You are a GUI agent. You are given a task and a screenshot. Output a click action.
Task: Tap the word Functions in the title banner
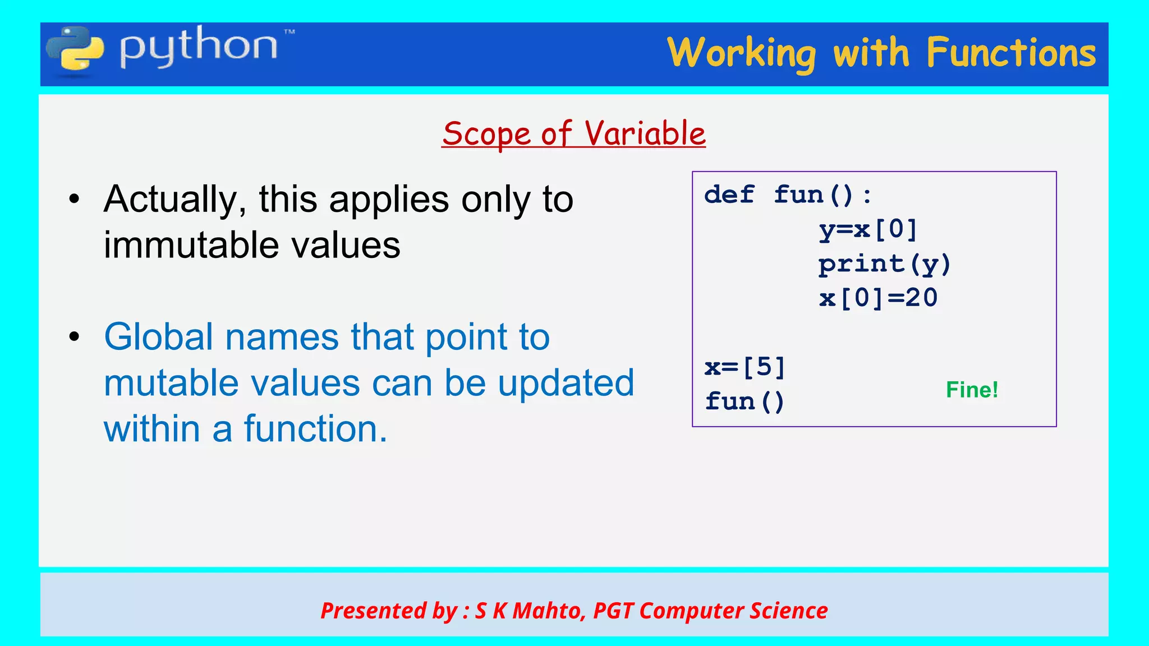(1011, 53)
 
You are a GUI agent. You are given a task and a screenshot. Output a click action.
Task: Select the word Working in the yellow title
(741, 54)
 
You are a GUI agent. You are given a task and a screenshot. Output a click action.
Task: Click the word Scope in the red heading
(486, 134)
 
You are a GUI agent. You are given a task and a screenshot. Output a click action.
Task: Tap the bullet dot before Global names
(75, 336)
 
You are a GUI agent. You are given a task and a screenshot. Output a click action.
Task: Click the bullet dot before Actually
(75, 199)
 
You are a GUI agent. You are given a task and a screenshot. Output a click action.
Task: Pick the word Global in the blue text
(158, 337)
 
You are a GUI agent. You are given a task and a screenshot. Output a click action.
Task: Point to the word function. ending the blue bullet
(315, 429)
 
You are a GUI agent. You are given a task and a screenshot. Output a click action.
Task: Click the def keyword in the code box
(729, 195)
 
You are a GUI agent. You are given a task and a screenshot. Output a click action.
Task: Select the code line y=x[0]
(868, 229)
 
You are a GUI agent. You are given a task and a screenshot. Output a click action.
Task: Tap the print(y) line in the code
(884, 264)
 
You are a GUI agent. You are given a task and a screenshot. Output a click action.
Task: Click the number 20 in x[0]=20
(921, 298)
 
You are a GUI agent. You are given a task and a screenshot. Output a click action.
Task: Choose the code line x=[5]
(744, 367)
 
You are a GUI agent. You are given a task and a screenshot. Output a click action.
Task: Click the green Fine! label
(972, 390)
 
